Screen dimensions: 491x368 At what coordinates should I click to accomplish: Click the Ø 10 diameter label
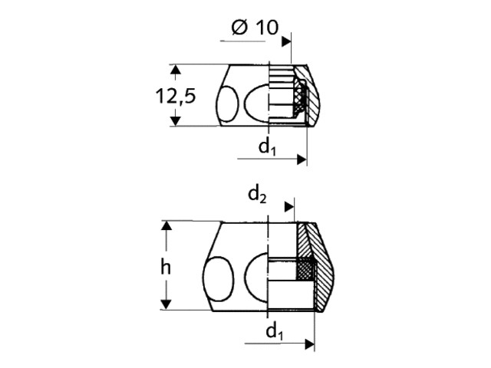(x=255, y=28)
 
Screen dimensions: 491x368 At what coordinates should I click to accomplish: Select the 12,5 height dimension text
(x=176, y=96)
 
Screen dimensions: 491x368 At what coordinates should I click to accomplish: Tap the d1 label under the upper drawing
(x=267, y=146)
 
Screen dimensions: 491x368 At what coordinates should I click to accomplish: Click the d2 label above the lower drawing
(x=257, y=195)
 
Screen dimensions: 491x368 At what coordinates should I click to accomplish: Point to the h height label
(x=166, y=268)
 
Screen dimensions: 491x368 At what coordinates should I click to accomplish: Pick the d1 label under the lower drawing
(x=275, y=331)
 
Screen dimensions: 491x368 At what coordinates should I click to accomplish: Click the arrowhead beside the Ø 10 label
(x=286, y=41)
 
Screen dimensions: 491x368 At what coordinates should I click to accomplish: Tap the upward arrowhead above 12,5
(x=176, y=70)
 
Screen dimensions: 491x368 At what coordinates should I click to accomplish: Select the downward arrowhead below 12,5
(x=176, y=121)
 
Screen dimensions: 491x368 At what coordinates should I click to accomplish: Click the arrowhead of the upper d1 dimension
(x=302, y=159)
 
